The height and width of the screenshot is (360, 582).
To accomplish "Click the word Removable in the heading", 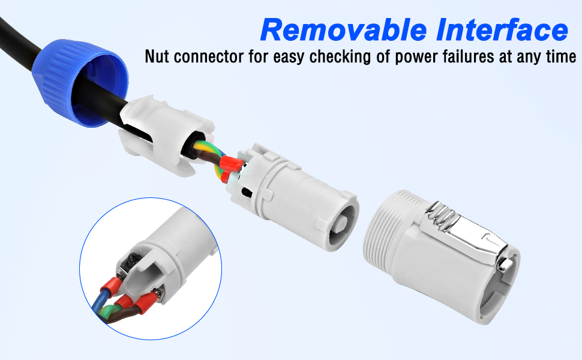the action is (x=343, y=30).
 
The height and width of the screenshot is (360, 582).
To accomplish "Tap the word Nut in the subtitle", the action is (x=157, y=57).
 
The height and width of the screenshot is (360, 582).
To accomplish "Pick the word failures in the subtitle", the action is (x=469, y=57).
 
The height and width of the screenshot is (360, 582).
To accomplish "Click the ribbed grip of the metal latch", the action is (x=442, y=215).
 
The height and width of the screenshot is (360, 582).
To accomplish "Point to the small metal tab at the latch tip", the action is (x=505, y=264).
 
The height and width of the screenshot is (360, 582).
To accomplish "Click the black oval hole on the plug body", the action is (x=246, y=191).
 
